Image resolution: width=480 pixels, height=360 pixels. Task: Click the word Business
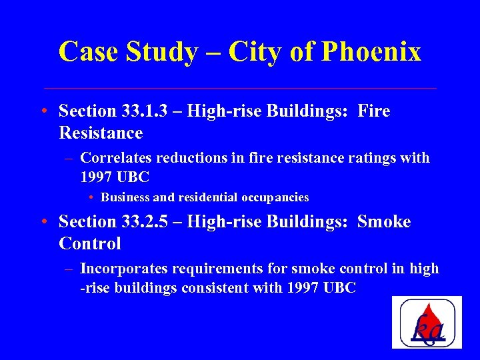125,197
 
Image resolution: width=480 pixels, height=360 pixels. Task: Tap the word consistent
247,289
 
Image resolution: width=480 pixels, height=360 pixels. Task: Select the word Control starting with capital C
90,244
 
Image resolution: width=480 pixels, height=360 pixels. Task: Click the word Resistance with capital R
101,133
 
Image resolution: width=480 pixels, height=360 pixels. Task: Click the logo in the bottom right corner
427,322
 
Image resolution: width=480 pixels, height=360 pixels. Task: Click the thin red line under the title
240,88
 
